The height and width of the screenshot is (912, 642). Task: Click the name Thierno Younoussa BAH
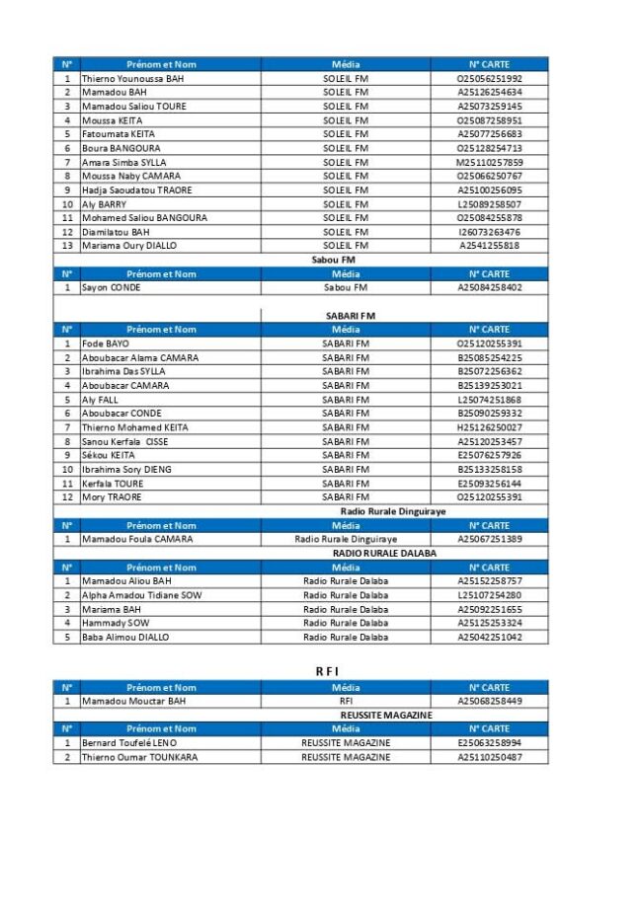pos(132,78)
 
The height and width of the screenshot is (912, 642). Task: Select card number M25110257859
pos(489,162)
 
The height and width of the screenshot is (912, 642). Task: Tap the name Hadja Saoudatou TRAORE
pos(136,190)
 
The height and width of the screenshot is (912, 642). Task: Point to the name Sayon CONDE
pos(111,287)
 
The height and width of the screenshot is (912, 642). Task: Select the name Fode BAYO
pos(105,343)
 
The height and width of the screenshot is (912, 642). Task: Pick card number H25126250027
pos(489,427)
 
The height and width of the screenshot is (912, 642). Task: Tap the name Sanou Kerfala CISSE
pos(124,441)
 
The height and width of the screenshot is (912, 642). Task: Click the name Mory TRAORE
pos(112,497)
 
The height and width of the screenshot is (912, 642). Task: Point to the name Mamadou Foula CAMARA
pos(136,539)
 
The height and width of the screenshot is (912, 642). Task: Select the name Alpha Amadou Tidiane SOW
pos(141,595)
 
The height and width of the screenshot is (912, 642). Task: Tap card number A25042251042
pos(489,637)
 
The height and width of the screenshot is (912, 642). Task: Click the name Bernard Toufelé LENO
pos(129,742)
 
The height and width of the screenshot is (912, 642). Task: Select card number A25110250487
pos(489,757)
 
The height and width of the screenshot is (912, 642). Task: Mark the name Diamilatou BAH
pos(116,232)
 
